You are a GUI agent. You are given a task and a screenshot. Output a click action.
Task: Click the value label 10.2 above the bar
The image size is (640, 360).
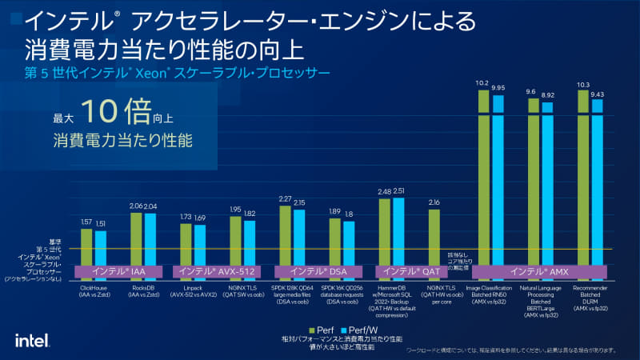coord(482,82)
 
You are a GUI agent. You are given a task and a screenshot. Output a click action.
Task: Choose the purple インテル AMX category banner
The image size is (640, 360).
coord(546,272)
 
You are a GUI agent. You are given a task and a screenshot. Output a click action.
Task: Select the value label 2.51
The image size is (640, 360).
coord(398,191)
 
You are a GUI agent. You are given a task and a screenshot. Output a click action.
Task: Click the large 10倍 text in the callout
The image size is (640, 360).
coord(116,113)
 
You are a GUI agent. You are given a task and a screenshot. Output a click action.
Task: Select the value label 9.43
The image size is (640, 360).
coord(597,94)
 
